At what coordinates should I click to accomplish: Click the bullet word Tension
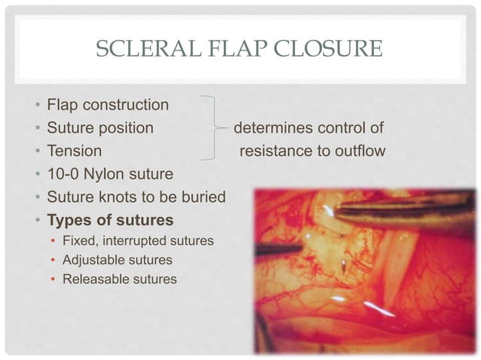(74, 151)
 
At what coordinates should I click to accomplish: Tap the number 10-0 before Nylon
(65, 174)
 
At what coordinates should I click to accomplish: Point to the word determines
(272, 127)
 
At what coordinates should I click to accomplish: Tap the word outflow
(358, 151)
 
